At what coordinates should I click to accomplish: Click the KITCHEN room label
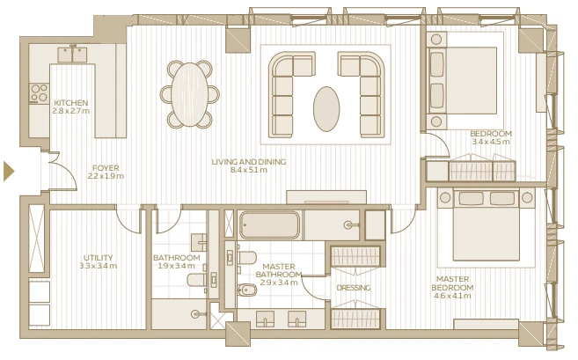[x=70, y=102]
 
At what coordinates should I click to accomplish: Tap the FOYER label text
[x=106, y=168]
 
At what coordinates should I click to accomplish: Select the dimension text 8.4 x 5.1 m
[x=249, y=170]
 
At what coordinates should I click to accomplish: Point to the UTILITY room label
[x=98, y=258]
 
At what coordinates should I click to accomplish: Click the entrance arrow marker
[x=9, y=171]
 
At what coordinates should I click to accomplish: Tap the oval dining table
[x=189, y=94]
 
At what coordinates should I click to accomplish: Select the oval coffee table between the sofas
[x=326, y=109]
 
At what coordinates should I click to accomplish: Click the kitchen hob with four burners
[x=39, y=93]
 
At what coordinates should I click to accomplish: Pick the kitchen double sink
[x=72, y=55]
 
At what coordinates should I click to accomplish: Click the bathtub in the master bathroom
[x=269, y=225]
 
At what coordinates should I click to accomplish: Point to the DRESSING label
[x=353, y=288]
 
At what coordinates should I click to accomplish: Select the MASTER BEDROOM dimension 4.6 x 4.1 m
[x=452, y=296]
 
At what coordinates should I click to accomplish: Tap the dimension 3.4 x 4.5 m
[x=491, y=142]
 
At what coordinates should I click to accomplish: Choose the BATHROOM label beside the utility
[x=177, y=258]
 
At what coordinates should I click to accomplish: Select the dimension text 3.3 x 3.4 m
[x=98, y=266]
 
